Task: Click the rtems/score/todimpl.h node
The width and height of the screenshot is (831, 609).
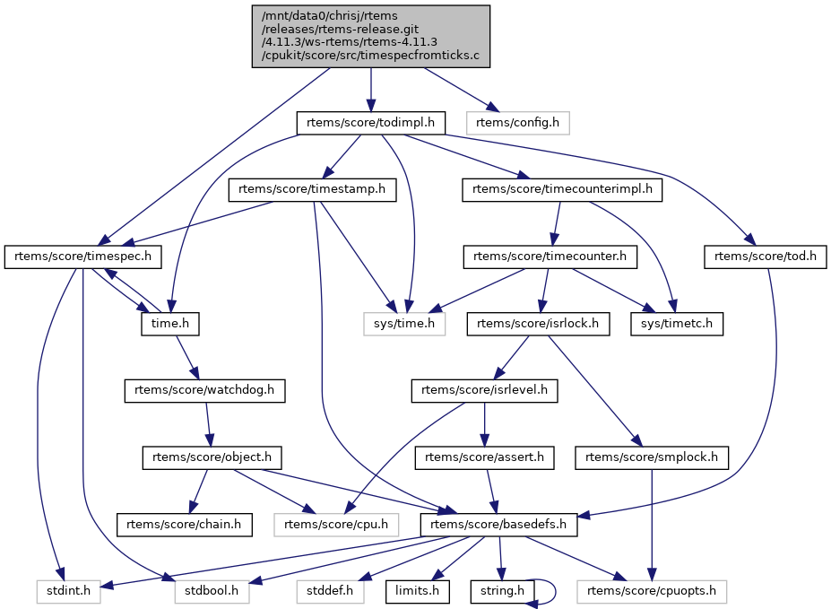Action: (370, 123)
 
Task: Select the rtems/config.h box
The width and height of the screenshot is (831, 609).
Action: (518, 123)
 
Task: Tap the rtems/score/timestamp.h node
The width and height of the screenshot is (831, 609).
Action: (312, 190)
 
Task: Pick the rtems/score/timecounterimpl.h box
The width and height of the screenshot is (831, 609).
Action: (562, 190)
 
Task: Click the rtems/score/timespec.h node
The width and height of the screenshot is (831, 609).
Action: (83, 257)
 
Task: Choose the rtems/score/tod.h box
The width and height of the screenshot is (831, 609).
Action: (766, 257)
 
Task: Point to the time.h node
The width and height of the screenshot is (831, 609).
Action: (170, 324)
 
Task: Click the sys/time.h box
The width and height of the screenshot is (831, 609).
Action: (404, 324)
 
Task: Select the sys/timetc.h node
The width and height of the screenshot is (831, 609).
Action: (677, 324)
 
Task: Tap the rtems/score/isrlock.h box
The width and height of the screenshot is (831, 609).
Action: (538, 324)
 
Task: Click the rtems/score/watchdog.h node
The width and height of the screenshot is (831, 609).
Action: (204, 391)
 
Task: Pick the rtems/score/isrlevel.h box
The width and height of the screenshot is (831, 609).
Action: (484, 391)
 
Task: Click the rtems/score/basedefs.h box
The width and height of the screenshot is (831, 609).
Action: (498, 525)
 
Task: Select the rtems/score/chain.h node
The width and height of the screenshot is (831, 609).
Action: (184, 525)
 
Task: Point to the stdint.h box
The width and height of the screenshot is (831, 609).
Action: (68, 591)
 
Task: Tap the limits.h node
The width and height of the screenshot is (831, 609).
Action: (417, 591)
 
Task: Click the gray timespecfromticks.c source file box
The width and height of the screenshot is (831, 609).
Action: (370, 37)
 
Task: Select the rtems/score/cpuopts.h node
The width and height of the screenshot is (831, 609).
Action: (652, 591)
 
